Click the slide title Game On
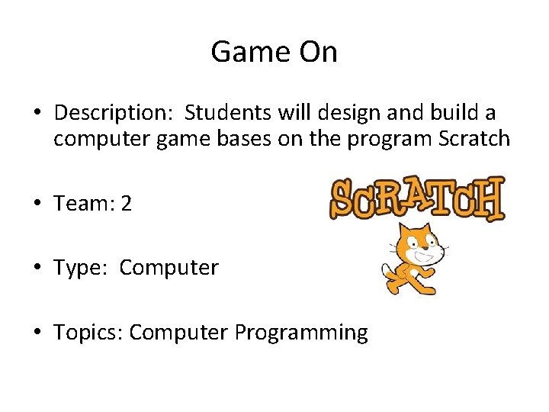click(274, 52)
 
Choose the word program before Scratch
click(390, 139)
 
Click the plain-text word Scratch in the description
click(473, 139)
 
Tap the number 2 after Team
click(126, 204)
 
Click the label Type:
click(82, 268)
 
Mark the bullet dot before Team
click(37, 204)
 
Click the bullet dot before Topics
click(37, 333)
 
